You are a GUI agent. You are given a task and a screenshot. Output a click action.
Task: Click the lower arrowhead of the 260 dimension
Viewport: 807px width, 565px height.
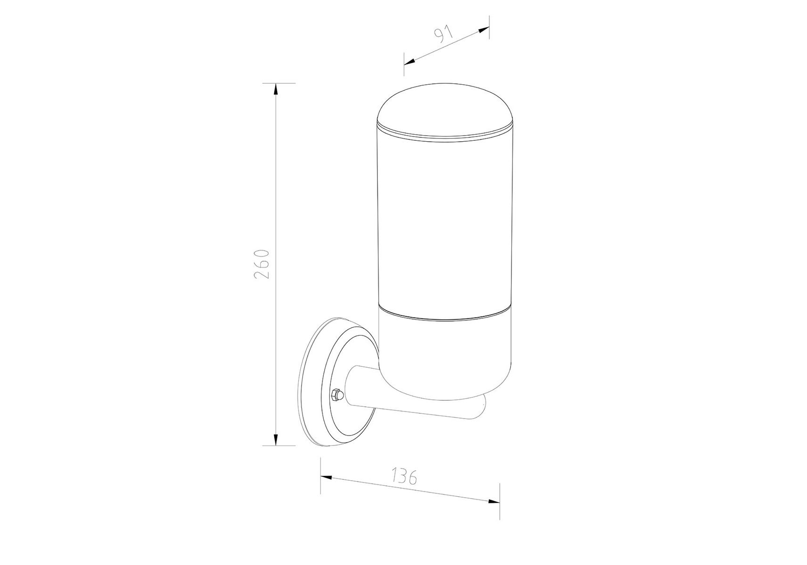(276, 438)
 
